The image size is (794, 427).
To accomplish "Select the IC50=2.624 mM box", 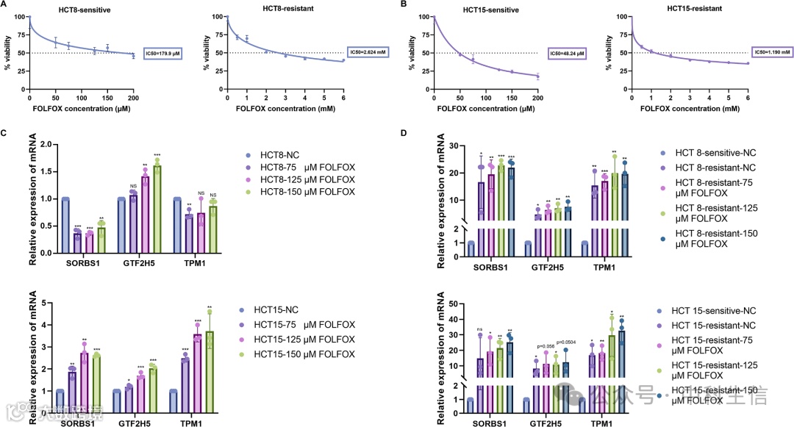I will click(365, 51).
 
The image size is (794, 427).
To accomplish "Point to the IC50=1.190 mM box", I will click(771, 51).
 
